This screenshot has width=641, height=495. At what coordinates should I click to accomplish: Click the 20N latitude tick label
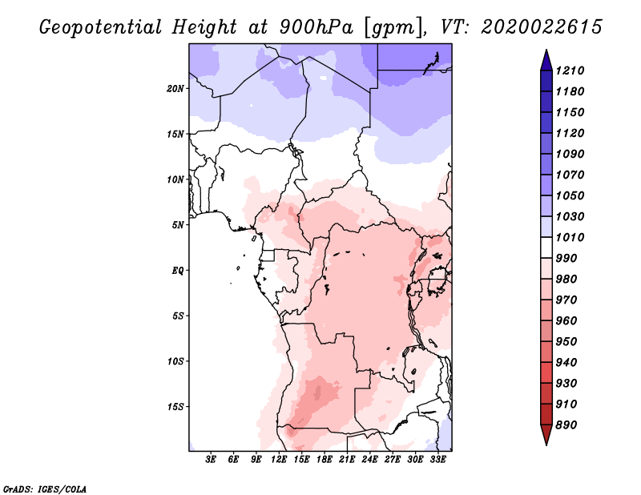[x=175, y=89]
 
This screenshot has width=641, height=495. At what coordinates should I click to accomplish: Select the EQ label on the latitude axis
[x=178, y=271]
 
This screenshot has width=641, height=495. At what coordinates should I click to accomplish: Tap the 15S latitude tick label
[x=175, y=407]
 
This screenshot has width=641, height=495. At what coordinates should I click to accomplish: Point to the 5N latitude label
[x=178, y=225]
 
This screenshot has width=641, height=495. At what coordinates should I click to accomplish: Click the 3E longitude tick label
[x=211, y=460]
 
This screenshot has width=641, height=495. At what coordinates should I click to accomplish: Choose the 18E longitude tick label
[x=325, y=460]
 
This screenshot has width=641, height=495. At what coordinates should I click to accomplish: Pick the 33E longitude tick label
[x=437, y=460]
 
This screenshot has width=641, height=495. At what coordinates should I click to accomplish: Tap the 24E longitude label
[x=369, y=460]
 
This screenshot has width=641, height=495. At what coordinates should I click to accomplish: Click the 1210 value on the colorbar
[x=570, y=70]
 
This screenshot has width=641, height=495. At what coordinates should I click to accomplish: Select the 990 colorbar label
[x=566, y=258]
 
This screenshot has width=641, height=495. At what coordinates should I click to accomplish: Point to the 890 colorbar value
[x=566, y=425]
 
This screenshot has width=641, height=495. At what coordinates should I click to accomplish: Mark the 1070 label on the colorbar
[x=570, y=175]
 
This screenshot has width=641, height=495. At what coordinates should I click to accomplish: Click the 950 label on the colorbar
[x=566, y=341]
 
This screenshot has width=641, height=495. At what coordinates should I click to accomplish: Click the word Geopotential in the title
[x=101, y=27]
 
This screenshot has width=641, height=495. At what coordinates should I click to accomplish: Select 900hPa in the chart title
[x=316, y=27]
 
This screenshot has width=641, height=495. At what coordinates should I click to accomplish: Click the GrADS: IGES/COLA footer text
[x=45, y=489]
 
